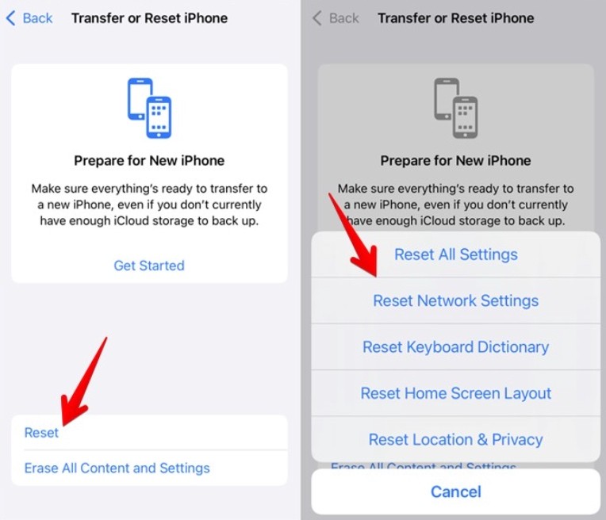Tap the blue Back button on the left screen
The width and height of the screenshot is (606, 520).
pos(29,18)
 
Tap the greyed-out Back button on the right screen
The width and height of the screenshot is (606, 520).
pos(336,18)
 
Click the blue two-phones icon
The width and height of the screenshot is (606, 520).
pos(149,108)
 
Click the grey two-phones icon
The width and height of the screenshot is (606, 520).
pos(455,108)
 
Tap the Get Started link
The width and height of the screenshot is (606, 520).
pos(149,266)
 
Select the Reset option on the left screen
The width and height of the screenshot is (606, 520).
pos(41,432)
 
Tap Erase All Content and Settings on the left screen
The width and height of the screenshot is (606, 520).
pos(117,468)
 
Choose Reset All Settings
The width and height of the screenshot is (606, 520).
pos(455,254)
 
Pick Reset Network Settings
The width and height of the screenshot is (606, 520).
pos(455,300)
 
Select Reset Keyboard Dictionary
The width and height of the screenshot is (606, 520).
pos(455,347)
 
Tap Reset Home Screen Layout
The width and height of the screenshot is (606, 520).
pos(455,393)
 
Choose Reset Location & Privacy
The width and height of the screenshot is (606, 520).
pos(455,440)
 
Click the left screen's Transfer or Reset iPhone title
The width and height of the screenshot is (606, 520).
pos(150,18)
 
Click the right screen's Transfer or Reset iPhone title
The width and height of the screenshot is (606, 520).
pos(456,18)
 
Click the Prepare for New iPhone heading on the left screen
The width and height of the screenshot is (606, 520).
pos(149,160)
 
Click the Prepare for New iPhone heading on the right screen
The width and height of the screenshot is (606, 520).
pos(455,160)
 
